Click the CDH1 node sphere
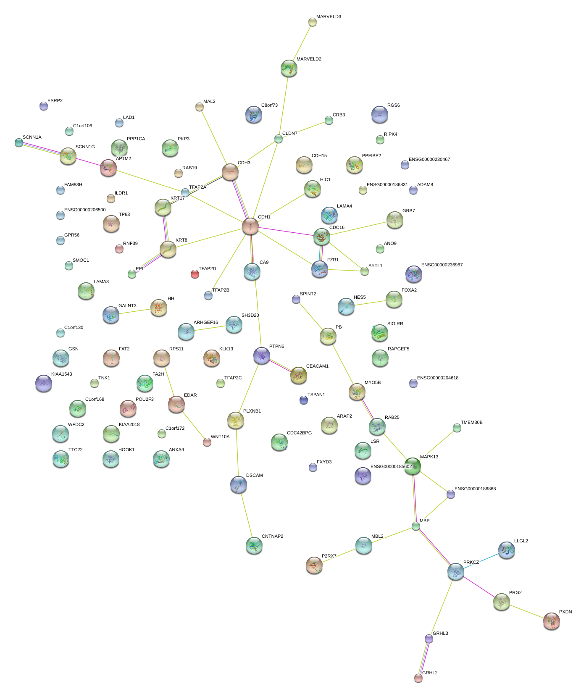tap(250, 226)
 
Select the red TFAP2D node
tap(195, 274)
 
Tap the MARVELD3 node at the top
tap(312, 21)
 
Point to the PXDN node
tap(551, 621)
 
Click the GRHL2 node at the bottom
tap(418, 678)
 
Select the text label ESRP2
tap(55, 101)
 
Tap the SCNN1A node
tap(19, 142)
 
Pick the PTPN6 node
tap(262, 355)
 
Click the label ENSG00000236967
tap(442, 265)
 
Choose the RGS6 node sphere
tap(379, 114)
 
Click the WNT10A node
tap(207, 442)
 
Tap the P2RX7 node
tap(314, 565)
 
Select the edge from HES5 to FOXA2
tap(370, 303)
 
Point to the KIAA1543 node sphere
tap(44, 383)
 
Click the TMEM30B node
tap(457, 428)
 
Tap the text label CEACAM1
tap(317, 366)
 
